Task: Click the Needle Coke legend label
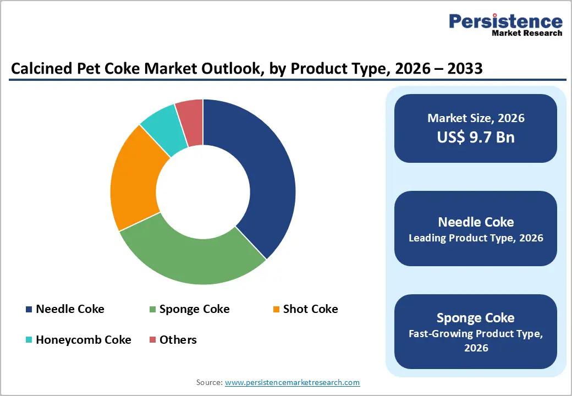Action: pyautogui.click(x=70, y=309)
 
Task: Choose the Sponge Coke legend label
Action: pyautogui.click(x=194, y=309)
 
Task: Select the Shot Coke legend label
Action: pyautogui.click(x=310, y=309)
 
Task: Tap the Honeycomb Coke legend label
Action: pyautogui.click(x=84, y=340)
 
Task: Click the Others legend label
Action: pyautogui.click(x=178, y=340)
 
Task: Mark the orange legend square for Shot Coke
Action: pyautogui.click(x=277, y=310)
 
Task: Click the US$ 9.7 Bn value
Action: pyautogui.click(x=476, y=137)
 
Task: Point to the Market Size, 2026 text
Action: pyautogui.click(x=476, y=118)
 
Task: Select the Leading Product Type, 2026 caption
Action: pyautogui.click(x=476, y=238)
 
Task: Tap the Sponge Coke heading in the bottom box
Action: pyautogui.click(x=476, y=318)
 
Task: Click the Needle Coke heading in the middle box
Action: pyautogui.click(x=476, y=222)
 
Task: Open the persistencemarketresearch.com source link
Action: pyautogui.click(x=292, y=382)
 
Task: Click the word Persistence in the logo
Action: pyautogui.click(x=505, y=21)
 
